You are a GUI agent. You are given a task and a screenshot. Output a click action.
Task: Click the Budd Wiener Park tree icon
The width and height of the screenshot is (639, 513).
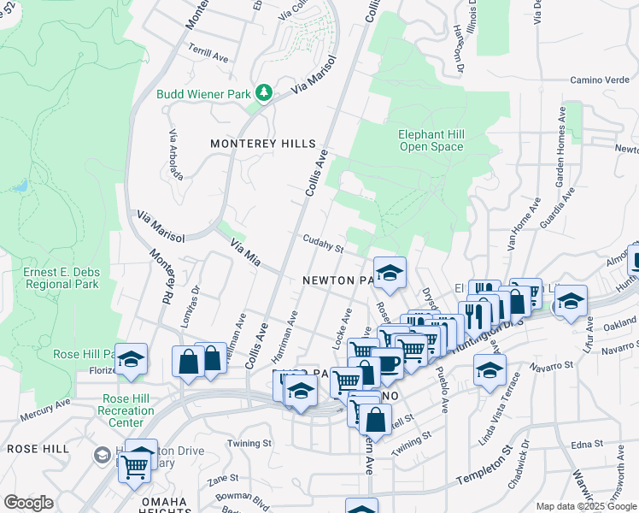coord(264,91)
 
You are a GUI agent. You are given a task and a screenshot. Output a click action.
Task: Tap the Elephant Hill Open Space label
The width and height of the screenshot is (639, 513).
coord(431,140)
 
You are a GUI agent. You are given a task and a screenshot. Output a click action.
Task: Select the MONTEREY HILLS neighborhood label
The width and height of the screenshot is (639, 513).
coord(263,144)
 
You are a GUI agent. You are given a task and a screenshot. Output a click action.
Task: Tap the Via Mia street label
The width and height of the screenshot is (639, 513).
coord(244,252)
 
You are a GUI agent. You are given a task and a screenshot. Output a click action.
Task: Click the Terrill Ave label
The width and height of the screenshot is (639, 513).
coord(209,53)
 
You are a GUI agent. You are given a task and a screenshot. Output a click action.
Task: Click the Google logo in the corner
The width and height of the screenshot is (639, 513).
coord(28,502)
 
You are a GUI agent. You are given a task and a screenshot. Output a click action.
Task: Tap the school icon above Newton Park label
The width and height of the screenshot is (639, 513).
coord(389,272)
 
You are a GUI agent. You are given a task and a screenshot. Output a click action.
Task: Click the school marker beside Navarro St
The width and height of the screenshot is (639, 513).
coord(489,370)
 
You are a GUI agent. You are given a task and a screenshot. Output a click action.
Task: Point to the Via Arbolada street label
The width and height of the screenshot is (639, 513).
coord(176,155)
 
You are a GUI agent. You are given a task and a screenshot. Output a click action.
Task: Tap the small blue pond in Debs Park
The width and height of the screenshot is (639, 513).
coord(21,185)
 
